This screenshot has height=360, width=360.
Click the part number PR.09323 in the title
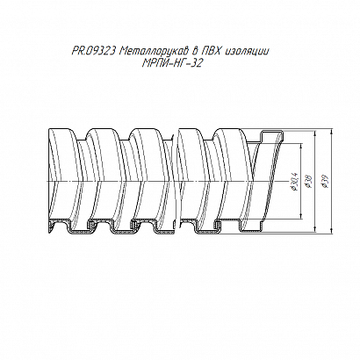coord(94,52)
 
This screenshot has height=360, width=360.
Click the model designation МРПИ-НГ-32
coord(172,63)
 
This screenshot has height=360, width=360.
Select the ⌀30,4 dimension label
coord(294,182)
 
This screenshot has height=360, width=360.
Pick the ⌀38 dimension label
coord(308,182)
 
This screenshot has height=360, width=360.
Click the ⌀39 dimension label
coord(324,182)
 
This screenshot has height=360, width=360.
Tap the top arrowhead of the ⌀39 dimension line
coord(331,132)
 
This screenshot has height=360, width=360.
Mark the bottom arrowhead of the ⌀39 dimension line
coord(331,232)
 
